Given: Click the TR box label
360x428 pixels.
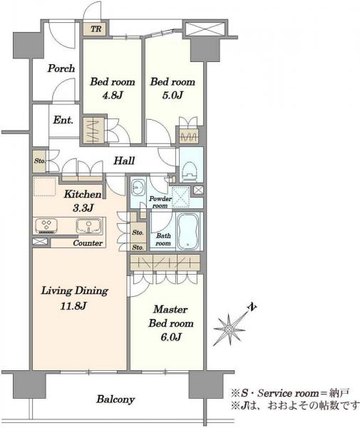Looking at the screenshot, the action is coord(96,29).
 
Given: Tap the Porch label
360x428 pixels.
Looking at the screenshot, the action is coord(61,68).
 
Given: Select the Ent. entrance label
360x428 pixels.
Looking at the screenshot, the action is coord(63,120).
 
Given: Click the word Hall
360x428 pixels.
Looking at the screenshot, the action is coord(124,160).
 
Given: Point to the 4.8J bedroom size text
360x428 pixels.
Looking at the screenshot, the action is coord(113,96).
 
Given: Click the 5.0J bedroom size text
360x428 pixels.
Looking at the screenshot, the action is coord(173,96).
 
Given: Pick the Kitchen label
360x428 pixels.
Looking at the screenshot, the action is coord(83,194).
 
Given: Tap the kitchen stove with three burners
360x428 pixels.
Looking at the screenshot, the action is coord(46,225).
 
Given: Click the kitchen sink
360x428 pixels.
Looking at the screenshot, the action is coord(89,226).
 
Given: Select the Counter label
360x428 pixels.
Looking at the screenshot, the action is coord(88,243).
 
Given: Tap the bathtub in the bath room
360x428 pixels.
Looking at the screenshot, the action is coord(188,231).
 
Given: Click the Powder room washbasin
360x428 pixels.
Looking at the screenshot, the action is coord(138,188).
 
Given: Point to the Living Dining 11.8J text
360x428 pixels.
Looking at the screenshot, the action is coord(74,298).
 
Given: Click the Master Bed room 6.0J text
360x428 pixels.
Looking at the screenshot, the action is coord(171,323).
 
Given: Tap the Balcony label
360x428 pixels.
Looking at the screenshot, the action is coord(115,399).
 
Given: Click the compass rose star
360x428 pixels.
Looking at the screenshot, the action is coord(230,330).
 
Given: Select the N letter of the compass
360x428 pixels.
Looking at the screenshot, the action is coord(252,307).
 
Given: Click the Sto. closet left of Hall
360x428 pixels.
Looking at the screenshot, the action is coord(40,161).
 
